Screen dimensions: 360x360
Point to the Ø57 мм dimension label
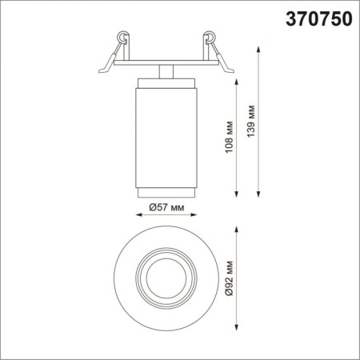166,207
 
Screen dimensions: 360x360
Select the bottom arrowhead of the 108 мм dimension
238,194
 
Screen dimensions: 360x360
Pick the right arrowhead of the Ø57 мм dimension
197,216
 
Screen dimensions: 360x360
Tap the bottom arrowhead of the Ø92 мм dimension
238,330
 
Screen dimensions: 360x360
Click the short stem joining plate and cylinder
166,71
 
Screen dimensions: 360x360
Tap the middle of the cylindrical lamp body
166,136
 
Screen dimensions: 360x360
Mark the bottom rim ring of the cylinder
166,190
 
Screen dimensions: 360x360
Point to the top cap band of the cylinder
166,82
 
